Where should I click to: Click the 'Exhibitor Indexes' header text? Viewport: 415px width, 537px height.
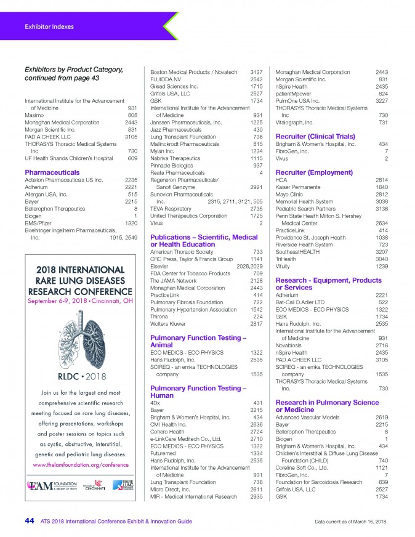tap(49, 26)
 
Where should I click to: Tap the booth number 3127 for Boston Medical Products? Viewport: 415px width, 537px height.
tap(257, 73)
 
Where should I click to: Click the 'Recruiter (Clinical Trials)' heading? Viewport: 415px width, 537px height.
tap(316, 135)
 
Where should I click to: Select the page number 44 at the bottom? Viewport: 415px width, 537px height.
tap(29, 521)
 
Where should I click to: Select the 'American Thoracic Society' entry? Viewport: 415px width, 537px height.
tap(182, 252)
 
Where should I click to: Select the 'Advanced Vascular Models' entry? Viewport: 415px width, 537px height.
tap(307, 418)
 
